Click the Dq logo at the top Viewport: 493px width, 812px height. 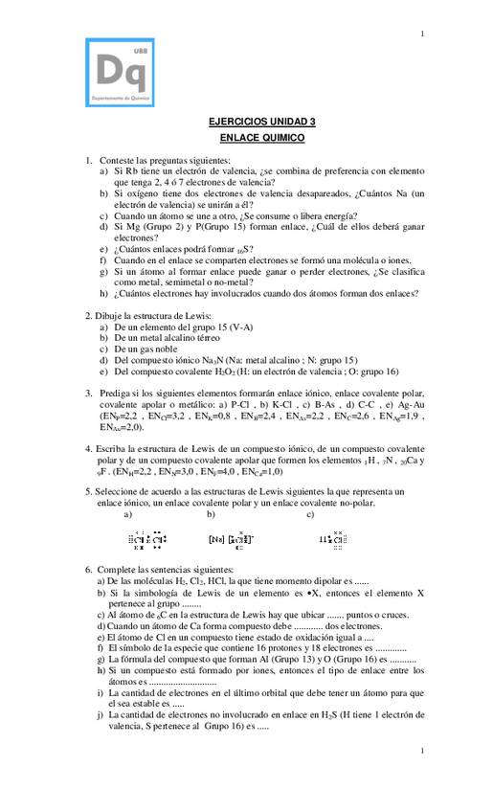coord(120,71)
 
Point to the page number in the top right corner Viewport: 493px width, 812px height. coord(422,34)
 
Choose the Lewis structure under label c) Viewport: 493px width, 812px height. coord(331,539)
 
